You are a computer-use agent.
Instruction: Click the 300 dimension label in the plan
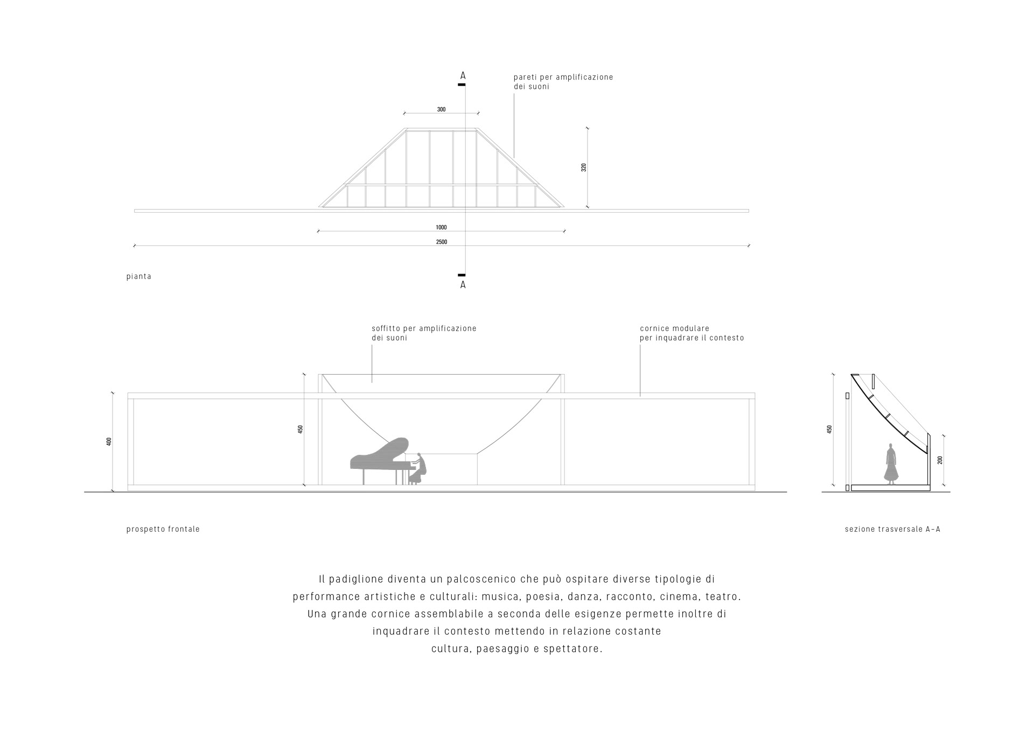click(441, 109)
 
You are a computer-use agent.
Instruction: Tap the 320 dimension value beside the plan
click(584, 167)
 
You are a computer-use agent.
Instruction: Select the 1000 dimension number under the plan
click(441, 228)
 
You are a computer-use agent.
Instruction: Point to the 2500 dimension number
click(441, 242)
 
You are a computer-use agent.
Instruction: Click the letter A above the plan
click(463, 76)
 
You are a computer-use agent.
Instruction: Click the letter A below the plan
click(463, 285)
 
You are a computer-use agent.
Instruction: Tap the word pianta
click(139, 277)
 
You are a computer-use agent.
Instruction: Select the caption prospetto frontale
click(163, 529)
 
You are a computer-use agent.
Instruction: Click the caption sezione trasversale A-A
click(892, 529)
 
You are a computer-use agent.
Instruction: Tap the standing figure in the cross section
click(892, 463)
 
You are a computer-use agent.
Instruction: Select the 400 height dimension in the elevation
click(109, 441)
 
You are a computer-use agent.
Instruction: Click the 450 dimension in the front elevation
click(301, 429)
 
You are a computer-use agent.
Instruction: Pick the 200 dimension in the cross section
click(940, 460)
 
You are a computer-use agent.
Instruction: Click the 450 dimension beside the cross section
click(829, 429)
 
